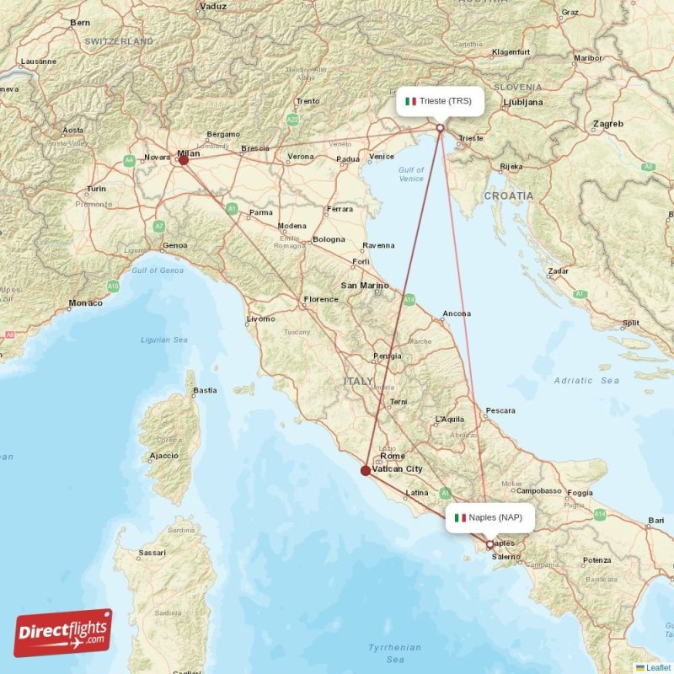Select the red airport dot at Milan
point(184,158)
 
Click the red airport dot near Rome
point(365,471)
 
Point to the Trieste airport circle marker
point(440,128)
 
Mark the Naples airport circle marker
point(489,544)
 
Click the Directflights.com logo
point(63,632)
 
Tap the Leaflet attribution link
point(657,667)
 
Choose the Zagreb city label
point(607,124)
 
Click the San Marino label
point(364,286)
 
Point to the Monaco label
point(85,302)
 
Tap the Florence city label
point(321,299)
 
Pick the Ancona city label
point(457,313)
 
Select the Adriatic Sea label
point(586,381)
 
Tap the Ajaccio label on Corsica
point(163,456)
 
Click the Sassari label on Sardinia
point(152,553)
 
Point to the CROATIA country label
point(508,195)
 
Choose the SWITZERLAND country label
point(119,40)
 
